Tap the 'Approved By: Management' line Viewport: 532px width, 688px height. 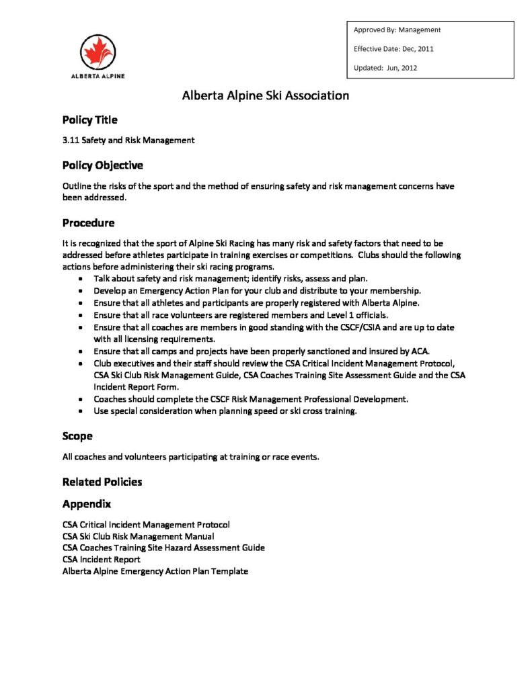coord(397,30)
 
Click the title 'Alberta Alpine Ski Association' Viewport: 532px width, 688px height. coord(266,95)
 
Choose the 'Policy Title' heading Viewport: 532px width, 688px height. coord(89,120)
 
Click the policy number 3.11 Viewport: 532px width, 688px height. coord(70,140)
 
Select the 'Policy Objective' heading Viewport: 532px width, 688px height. coord(102,165)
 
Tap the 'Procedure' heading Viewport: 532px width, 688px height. coord(88,223)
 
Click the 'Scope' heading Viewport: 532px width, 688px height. coord(77,436)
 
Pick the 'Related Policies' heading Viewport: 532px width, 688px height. coord(102,482)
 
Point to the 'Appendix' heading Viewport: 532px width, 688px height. coord(87,503)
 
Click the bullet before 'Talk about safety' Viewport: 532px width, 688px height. coord(81,279)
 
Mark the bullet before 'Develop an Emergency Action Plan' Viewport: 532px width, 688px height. coord(81,291)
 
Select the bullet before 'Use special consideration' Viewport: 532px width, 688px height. coord(81,411)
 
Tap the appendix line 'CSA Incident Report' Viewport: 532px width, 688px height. coord(102,559)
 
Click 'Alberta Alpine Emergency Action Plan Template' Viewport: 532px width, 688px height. coord(155,571)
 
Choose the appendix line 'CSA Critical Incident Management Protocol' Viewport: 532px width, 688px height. coord(146,524)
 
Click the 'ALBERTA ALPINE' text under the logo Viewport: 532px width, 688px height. coord(98,76)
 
